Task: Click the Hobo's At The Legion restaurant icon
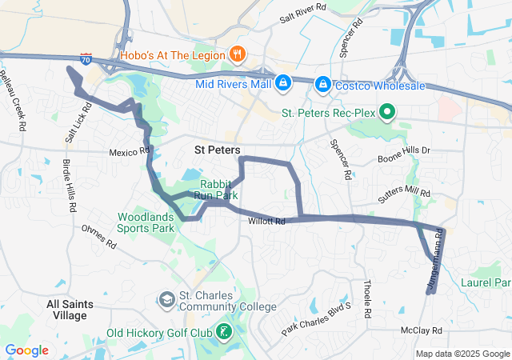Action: tap(237, 55)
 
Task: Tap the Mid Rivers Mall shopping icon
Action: tap(283, 82)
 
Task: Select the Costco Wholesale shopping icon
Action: tap(322, 84)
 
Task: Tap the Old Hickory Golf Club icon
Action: tap(226, 331)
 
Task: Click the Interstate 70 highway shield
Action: tap(86, 59)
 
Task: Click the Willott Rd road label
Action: tap(266, 222)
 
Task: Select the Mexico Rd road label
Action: tap(130, 151)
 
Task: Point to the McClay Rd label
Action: tap(421, 330)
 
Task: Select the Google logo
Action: tap(26, 350)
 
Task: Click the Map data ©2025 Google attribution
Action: tap(462, 354)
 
